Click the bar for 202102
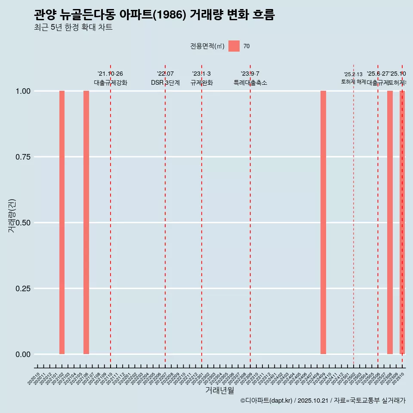tap(62, 222)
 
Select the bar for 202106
tap(86, 222)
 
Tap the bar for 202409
tap(323, 222)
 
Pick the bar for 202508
tap(390, 222)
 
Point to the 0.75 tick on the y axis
tap(23, 157)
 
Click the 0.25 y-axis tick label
tap(23, 289)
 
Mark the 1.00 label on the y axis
tap(23, 91)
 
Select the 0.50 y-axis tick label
tap(23, 223)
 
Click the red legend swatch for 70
tap(234, 46)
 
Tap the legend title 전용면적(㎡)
tap(207, 46)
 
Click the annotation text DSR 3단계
tap(165, 83)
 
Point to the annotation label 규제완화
tap(202, 83)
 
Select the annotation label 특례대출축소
tap(250, 83)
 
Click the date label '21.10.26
tap(110, 74)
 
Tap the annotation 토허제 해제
tap(353, 82)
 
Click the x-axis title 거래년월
tap(219, 390)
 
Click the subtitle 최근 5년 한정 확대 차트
tap(73, 28)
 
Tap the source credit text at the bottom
tap(323, 401)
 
